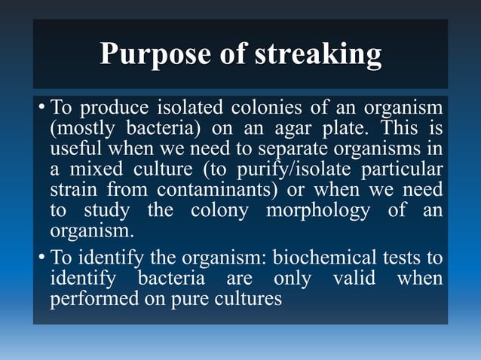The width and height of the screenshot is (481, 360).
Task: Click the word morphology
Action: point(317,209)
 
